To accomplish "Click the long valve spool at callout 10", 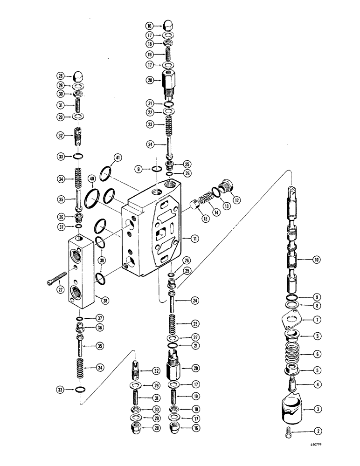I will tap(293, 242).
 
